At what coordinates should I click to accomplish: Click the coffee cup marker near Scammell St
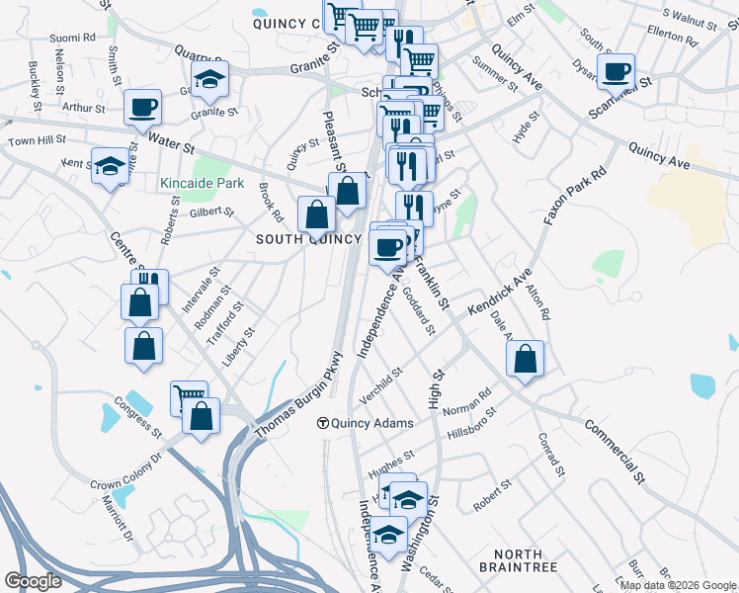(616, 72)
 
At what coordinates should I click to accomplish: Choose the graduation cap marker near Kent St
(110, 166)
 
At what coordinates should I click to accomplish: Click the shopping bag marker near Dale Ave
(526, 360)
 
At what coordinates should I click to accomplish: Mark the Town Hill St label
(37, 141)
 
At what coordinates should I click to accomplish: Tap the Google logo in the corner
(33, 581)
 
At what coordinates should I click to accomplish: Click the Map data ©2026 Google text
(678, 585)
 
